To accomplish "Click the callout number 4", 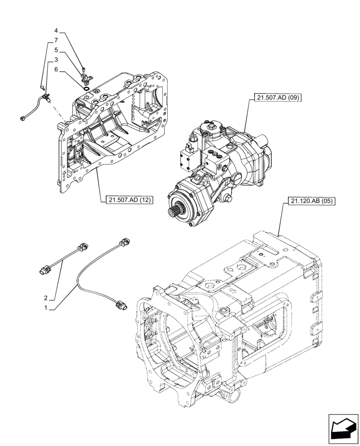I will pyautogui.click(x=56, y=31).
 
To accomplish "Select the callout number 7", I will pyautogui.click(x=56, y=40).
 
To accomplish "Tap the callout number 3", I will pyautogui.click(x=56, y=59).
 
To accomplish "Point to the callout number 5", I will pyautogui.click(x=56, y=50).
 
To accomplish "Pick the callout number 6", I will pyautogui.click(x=56, y=69).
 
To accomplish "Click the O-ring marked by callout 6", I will pyautogui.click(x=85, y=88).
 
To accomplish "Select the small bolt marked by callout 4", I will pyautogui.click(x=83, y=69).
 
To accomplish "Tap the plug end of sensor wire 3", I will pyautogui.click(x=23, y=118).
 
